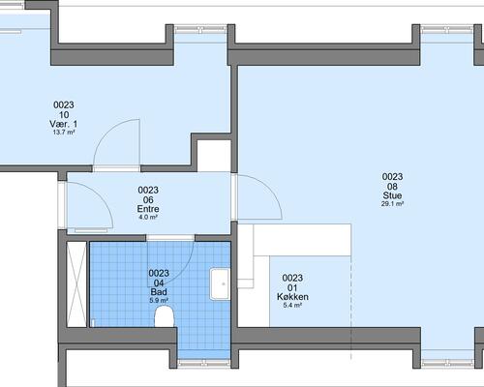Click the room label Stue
pyautogui.click(x=392, y=195)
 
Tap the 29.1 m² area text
pyautogui.click(x=392, y=204)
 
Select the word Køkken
pyautogui.click(x=292, y=297)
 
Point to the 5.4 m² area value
pyautogui.click(x=292, y=305)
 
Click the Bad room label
pyautogui.click(x=159, y=292)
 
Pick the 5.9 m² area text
pyautogui.click(x=159, y=301)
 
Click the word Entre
pyautogui.click(x=148, y=209)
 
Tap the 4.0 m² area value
pyautogui.click(x=148, y=217)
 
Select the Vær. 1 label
pyautogui.click(x=64, y=124)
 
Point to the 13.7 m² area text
pyautogui.click(x=64, y=133)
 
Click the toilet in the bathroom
pyautogui.click(x=165, y=316)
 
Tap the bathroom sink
pyautogui.click(x=221, y=283)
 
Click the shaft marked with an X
pyautogui.click(x=76, y=284)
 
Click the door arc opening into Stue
pyautogui.click(x=270, y=188)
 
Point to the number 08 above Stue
pyautogui.click(x=392, y=187)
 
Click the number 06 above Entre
pyautogui.click(x=148, y=199)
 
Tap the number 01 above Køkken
pyautogui.click(x=292, y=287)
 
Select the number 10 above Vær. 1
pyautogui.click(x=64, y=114)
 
